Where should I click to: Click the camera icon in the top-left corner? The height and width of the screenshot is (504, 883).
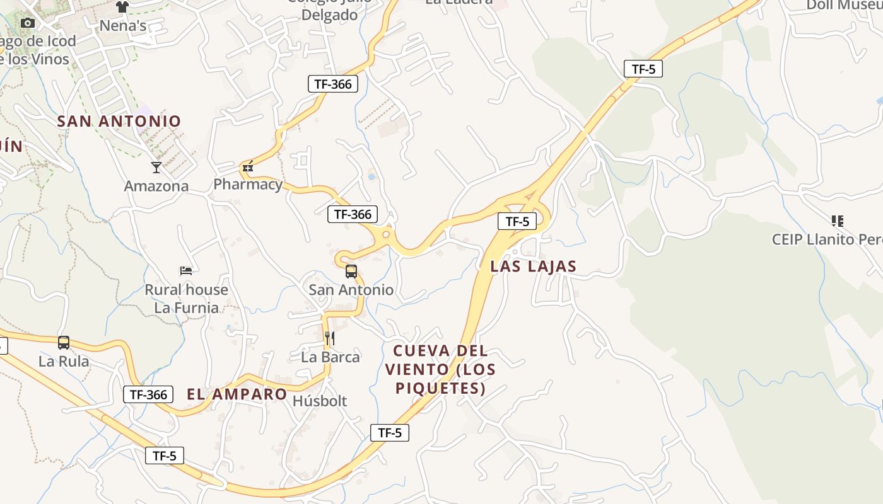coord(27,23)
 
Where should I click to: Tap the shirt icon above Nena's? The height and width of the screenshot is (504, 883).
coord(122,7)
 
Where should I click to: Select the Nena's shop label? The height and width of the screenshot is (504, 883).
coord(124,26)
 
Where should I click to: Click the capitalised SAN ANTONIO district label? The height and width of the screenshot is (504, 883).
coord(119,121)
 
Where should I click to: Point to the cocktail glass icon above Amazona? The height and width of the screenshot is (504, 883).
coord(156,167)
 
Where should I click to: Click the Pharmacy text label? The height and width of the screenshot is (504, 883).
coord(248,184)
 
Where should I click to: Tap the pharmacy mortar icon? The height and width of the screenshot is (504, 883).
coord(248,166)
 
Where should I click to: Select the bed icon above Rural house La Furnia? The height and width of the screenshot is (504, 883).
coord(186,271)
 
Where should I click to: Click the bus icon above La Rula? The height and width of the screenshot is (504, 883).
coord(64,343)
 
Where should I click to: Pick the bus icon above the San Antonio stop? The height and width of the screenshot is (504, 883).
coord(351,272)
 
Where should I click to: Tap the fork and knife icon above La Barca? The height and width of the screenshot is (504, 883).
coord(329,339)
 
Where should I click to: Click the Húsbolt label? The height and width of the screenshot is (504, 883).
coord(320,401)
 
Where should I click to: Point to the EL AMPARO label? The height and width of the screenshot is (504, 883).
coord(237,394)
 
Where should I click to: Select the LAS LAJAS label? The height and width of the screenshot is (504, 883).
coord(534,266)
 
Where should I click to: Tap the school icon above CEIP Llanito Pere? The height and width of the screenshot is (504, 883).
coord(838,220)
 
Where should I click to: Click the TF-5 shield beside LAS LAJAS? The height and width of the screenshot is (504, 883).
coord(517,221)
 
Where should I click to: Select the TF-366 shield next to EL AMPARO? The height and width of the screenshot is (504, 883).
coord(148,395)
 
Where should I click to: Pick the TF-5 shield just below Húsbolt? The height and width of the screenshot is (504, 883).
coord(390,433)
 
